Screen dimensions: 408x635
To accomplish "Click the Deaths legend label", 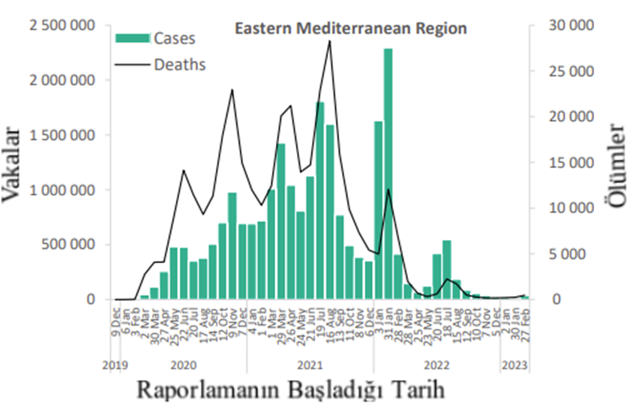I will pos(180,64).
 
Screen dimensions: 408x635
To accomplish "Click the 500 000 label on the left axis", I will pos(70,245).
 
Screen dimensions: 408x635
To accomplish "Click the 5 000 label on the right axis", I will pos(574,254).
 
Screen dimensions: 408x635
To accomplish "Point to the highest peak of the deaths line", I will pos(329,42).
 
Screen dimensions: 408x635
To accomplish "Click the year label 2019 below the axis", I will pos(117,366).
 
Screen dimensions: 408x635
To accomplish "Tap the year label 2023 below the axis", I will pos(513,366).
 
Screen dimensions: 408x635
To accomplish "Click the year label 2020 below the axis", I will pos(183,366).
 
